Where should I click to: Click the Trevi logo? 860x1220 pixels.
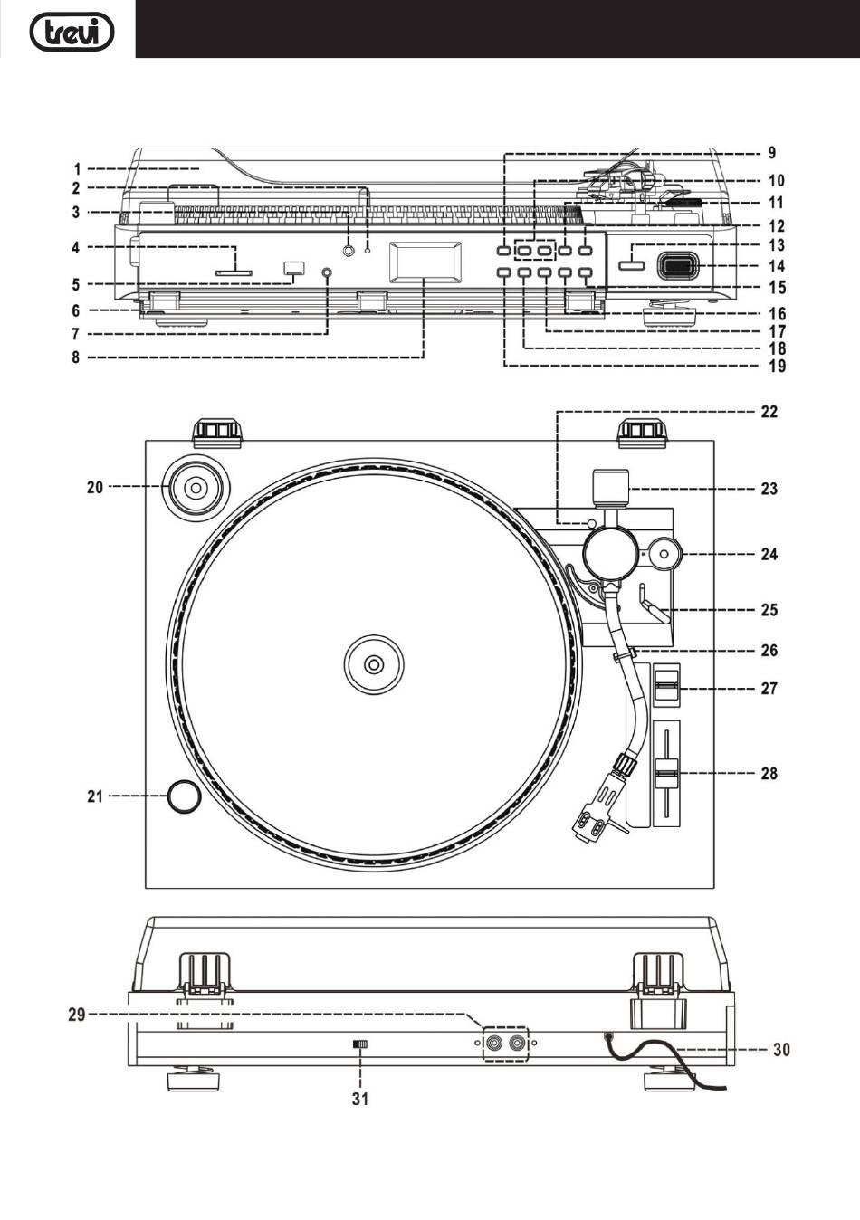[x=72, y=32]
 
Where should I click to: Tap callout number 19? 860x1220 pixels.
[x=778, y=366]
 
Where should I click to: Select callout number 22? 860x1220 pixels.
[x=769, y=412]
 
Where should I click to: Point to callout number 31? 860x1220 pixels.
[x=360, y=1099]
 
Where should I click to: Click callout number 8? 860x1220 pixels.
[x=76, y=357]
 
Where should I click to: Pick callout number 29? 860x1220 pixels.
[x=77, y=1015]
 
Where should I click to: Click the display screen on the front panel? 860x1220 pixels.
[x=425, y=262]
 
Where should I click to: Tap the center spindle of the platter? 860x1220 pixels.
[x=374, y=664]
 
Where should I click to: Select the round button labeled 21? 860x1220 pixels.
[x=184, y=796]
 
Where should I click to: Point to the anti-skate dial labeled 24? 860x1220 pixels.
[x=664, y=554]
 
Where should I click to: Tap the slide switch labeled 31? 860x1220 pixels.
[x=360, y=1044]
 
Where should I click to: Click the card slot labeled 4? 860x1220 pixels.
[x=234, y=272]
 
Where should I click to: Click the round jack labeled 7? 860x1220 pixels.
[x=327, y=272]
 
